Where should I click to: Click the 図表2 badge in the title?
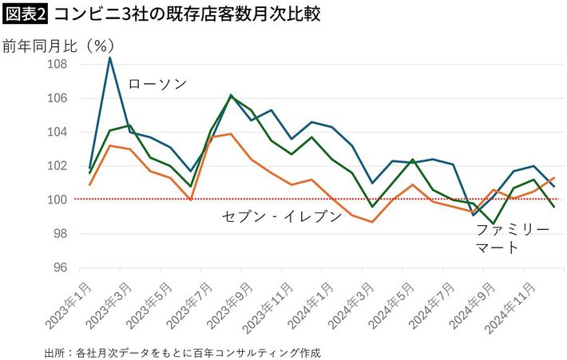(25, 15)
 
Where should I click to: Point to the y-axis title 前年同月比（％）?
(56, 45)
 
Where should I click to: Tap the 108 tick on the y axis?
(56, 65)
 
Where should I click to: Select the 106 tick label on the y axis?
(56, 98)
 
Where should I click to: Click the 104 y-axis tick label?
(56, 133)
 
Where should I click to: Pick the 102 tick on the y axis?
(56, 166)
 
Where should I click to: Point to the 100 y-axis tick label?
(56, 200)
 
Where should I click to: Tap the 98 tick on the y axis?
(58, 234)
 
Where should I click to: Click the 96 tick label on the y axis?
(58, 267)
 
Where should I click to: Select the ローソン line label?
(157, 84)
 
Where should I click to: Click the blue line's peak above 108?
(110, 57)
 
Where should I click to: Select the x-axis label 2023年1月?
(69, 302)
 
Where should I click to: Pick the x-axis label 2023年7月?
(190, 302)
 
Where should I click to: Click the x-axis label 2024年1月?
(310, 302)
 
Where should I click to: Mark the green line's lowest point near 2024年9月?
(494, 224)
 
